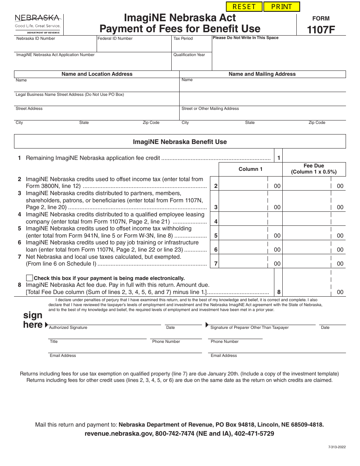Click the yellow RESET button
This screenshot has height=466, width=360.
pyautogui.click(x=244, y=7)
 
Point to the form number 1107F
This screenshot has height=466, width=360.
pyautogui.click(x=321, y=30)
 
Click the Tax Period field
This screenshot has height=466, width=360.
pyautogui.click(x=191, y=46)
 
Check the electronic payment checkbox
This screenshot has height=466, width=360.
pyautogui.click(x=29, y=278)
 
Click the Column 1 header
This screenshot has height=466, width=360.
pyautogui.click(x=250, y=169)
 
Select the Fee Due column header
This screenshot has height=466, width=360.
pyautogui.click(x=314, y=169)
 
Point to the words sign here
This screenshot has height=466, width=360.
pyautogui.click(x=33, y=320)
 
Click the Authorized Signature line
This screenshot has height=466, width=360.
pyautogui.click(x=105, y=322)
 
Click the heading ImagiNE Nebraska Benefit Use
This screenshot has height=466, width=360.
pyautogui.click(x=180, y=142)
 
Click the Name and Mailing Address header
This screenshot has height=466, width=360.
pyautogui.click(x=262, y=74)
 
